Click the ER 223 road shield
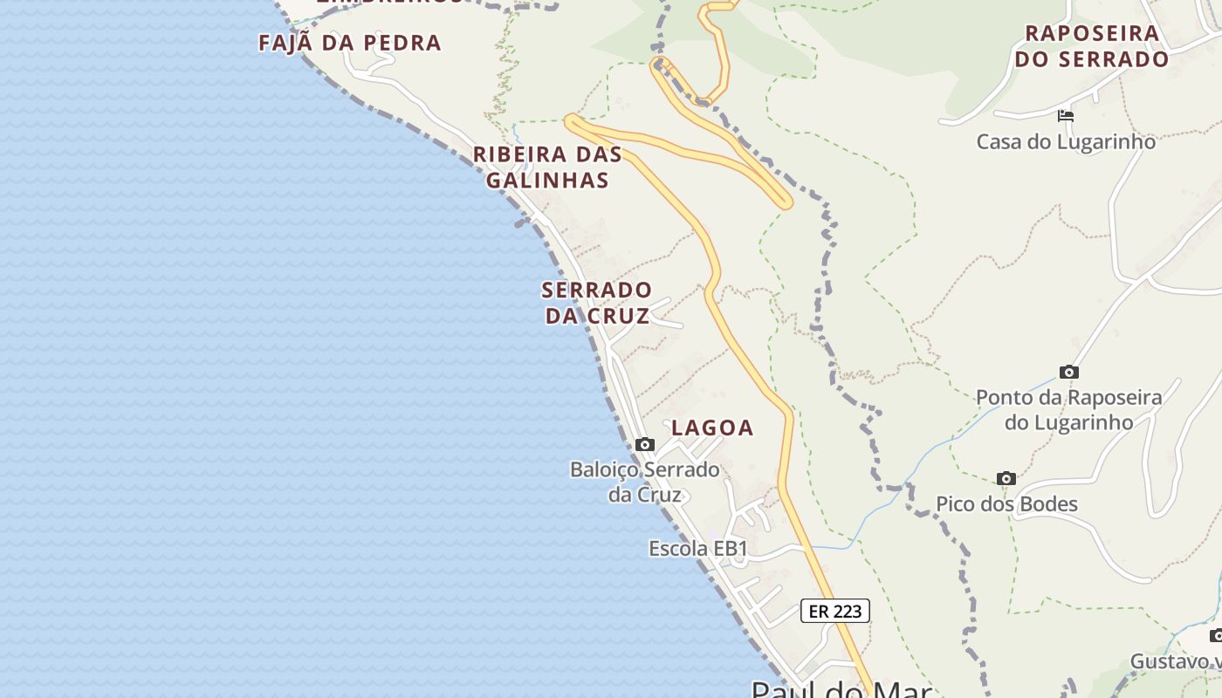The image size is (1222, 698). pyautogui.click(x=835, y=611)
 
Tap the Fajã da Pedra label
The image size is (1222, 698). pyautogui.click(x=350, y=43)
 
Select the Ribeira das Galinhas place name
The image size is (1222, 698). pyautogui.click(x=547, y=168)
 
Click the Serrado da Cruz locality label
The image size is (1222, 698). pyautogui.click(x=597, y=303)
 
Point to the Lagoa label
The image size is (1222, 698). pyautogui.click(x=712, y=428)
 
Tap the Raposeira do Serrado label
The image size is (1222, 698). pyautogui.click(x=1096, y=46)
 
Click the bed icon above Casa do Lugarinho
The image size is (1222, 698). pyautogui.click(x=1065, y=115)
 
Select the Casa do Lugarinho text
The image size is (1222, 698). pyautogui.click(x=1066, y=141)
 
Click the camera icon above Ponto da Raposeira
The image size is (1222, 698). pyautogui.click(x=1068, y=373)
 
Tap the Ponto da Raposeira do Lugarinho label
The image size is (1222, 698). pyautogui.click(x=1068, y=410)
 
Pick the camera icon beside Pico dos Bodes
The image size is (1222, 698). pyautogui.click(x=1006, y=479)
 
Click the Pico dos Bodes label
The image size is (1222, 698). pyautogui.click(x=1006, y=504)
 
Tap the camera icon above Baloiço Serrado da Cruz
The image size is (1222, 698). pyautogui.click(x=645, y=445)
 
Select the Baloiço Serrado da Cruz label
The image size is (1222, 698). pyautogui.click(x=645, y=482)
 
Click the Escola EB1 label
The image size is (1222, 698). pyautogui.click(x=698, y=549)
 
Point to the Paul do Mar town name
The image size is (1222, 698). pyautogui.click(x=841, y=689)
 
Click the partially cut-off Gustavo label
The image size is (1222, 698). pyautogui.click(x=1175, y=661)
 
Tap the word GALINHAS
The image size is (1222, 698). pyautogui.click(x=547, y=181)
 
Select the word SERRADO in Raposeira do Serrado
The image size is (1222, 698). pyautogui.click(x=1115, y=59)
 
